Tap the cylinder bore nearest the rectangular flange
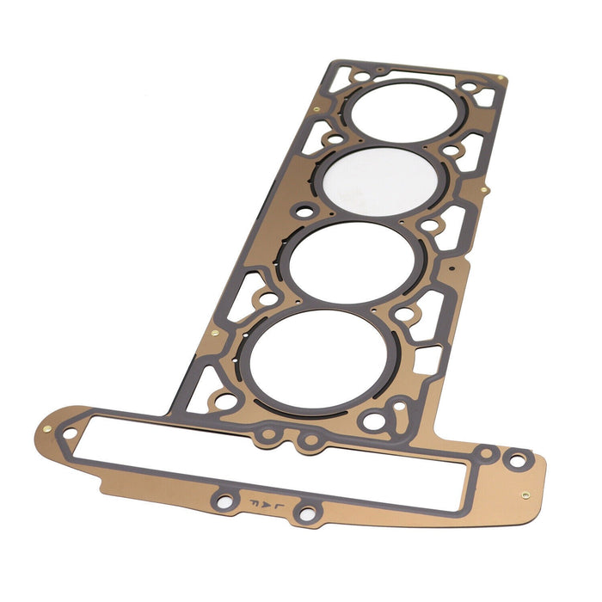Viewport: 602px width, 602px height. click(x=310, y=358)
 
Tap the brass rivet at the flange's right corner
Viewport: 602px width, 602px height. click(x=525, y=495)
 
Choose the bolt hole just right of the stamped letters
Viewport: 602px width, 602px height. click(x=304, y=513)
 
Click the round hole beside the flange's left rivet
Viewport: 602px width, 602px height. click(x=70, y=433)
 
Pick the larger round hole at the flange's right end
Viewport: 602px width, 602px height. click(x=516, y=461)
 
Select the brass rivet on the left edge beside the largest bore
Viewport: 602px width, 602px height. click(x=213, y=332)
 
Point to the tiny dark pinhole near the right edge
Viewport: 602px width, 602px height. click(x=452, y=268)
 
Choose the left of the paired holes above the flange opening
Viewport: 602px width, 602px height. click(x=269, y=436)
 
